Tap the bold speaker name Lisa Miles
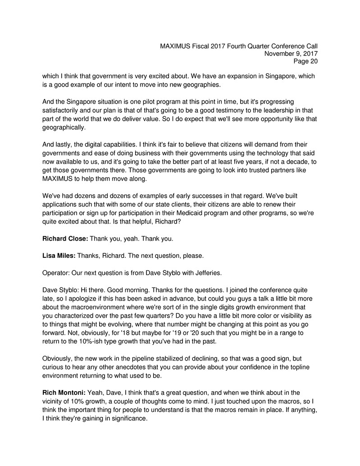(59, 256)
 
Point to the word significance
(127, 418)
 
